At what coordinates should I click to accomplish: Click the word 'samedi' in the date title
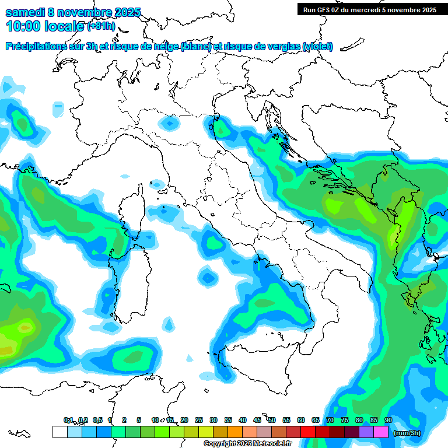click(x=22, y=13)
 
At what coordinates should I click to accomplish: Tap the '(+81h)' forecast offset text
click(x=101, y=26)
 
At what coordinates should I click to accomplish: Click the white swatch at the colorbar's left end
click(x=60, y=432)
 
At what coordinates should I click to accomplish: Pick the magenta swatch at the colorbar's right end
click(x=381, y=432)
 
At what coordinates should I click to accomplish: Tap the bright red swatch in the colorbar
click(x=308, y=432)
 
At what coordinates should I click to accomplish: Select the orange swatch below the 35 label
click(x=235, y=432)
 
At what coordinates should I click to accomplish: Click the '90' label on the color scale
click(x=388, y=420)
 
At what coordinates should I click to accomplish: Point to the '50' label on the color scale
click(x=272, y=420)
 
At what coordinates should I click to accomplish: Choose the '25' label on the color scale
click(x=199, y=420)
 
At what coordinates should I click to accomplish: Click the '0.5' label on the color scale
click(x=97, y=420)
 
